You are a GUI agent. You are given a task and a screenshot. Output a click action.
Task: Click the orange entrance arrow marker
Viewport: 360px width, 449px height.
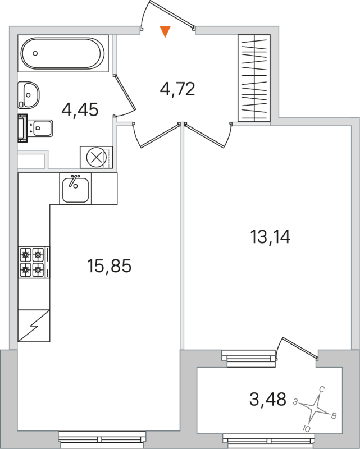165,31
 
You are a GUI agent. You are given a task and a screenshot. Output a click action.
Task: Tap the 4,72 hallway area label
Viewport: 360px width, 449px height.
177,89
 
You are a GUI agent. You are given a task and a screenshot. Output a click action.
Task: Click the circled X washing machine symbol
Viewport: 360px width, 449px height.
97,158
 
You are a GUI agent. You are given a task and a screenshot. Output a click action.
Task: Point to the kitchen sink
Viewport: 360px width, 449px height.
75,189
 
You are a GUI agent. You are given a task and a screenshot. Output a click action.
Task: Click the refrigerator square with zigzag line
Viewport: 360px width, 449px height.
34,325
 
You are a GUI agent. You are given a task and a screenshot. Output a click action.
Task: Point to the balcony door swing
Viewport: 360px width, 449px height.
298,349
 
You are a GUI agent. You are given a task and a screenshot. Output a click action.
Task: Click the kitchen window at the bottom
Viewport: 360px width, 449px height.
102,436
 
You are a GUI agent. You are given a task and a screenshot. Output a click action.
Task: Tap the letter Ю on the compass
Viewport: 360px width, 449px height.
307,428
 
